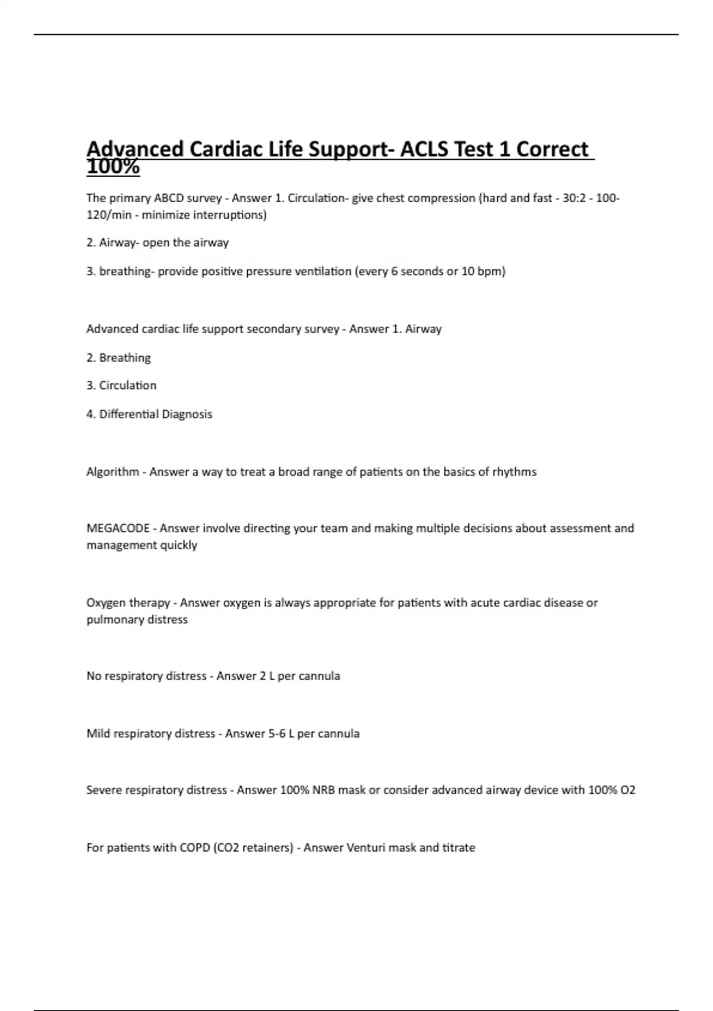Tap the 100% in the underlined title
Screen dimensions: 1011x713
(113, 168)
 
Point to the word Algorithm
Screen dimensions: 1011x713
(112, 472)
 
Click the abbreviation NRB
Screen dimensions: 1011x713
(324, 790)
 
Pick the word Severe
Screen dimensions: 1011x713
(105, 790)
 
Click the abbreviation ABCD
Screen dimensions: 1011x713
(169, 198)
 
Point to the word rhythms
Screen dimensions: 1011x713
(514, 472)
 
